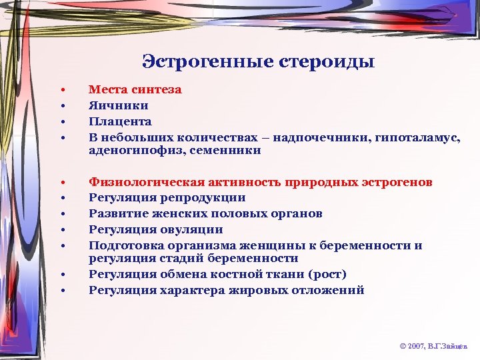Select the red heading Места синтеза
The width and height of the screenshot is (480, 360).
click(x=135, y=89)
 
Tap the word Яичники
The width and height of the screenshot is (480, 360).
click(x=119, y=105)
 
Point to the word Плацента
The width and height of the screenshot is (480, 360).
click(x=121, y=121)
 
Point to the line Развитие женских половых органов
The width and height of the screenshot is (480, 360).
click(x=206, y=214)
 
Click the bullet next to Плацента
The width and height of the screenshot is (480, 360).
click(x=61, y=122)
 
